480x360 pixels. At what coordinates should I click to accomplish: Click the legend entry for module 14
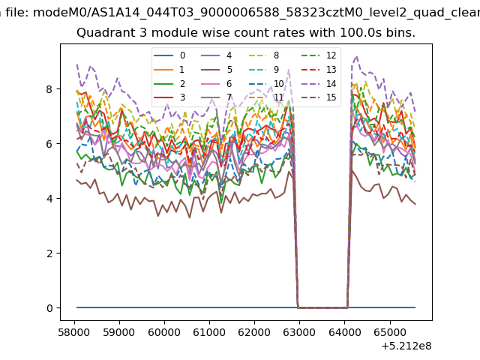tap(319, 83)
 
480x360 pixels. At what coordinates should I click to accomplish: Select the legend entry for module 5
tap(217, 70)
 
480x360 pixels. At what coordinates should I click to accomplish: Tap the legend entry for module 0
tap(169, 55)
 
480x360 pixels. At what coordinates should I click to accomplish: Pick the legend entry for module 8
tap(263, 55)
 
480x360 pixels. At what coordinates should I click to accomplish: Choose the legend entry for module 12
tap(319, 55)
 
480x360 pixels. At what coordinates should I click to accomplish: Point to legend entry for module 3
tap(169, 97)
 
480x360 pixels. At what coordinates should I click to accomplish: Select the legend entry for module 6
tap(217, 83)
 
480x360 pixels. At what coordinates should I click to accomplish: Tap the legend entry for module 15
tap(319, 97)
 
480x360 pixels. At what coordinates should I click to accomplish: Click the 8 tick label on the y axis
tap(49, 89)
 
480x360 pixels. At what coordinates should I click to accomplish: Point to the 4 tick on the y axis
tap(49, 199)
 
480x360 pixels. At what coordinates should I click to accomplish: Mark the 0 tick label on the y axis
tap(49, 308)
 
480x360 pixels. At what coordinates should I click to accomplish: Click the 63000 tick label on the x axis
tap(299, 332)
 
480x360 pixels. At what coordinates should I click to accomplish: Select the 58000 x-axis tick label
tap(74, 332)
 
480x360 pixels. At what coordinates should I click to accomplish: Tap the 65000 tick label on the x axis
tap(390, 332)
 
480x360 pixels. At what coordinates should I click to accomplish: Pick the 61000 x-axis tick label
tap(209, 332)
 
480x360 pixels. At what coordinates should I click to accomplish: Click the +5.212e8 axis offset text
tap(406, 346)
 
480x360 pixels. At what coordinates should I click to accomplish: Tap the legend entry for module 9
tap(263, 70)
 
